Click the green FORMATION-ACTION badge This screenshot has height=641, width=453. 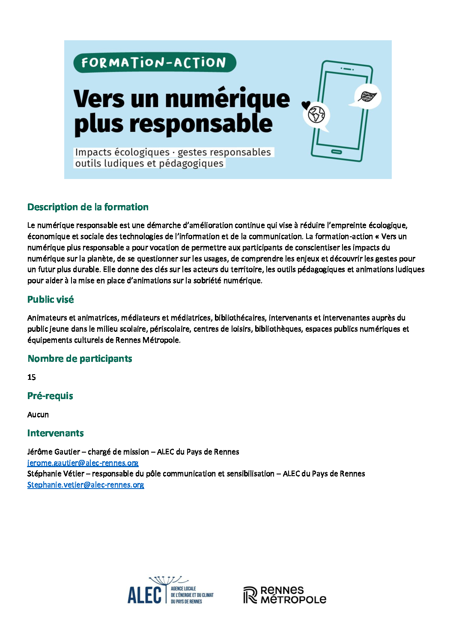[154, 63]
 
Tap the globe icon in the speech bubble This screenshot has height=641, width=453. [317, 114]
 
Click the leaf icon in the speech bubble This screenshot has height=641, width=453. [367, 97]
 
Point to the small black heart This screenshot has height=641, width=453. [306, 105]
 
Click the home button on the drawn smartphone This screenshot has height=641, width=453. [337, 152]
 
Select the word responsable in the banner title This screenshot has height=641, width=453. [201, 124]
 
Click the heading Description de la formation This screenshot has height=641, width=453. [88, 207]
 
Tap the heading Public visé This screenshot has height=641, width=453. [51, 300]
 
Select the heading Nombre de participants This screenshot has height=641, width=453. [80, 359]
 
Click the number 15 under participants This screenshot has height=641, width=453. [32, 377]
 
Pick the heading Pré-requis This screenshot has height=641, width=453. [50, 396]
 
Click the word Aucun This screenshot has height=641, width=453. [38, 414]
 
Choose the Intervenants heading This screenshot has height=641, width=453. [56, 433]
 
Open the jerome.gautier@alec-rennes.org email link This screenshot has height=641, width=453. [83, 463]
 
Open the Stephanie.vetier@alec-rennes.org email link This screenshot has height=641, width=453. [86, 485]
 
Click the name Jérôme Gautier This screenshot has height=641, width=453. [54, 452]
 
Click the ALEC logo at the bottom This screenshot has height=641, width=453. [170, 591]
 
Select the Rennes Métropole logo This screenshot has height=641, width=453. [285, 595]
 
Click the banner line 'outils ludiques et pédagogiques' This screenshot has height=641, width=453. [149, 164]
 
